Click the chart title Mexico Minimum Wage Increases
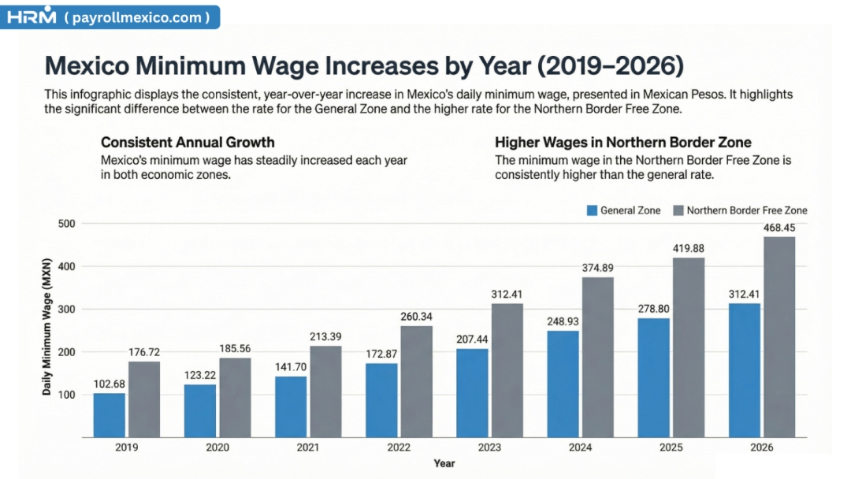pos(364,65)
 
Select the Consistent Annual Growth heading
pos(188,143)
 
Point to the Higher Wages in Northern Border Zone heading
pos(622,143)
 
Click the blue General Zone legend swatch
pos(593,210)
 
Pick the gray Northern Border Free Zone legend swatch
pos(678,210)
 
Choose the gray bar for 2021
pos(326,392)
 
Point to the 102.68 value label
pos(109,384)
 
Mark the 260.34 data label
pos(417,317)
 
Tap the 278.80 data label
pos(653,308)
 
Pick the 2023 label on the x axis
pos(489,447)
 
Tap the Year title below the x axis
pos(444,463)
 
